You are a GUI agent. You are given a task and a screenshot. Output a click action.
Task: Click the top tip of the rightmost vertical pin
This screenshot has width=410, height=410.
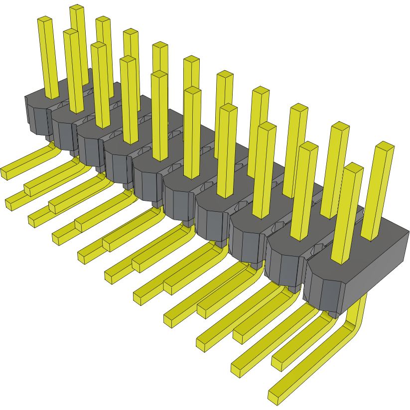coord(385,146)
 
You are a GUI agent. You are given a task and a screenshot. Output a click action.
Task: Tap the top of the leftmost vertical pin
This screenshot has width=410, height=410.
coord(45,19)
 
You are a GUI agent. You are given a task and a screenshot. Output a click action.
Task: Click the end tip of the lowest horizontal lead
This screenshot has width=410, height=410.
coord(274,397)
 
